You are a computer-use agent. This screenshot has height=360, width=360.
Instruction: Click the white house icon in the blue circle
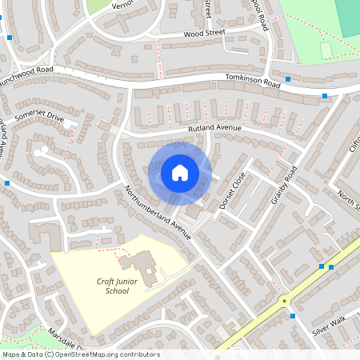[x=180, y=172]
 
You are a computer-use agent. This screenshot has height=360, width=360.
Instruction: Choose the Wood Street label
[x=205, y=34]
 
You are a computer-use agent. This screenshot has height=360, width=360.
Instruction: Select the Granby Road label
[x=284, y=185]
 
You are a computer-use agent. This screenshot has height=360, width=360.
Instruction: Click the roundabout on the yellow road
[x=283, y=301]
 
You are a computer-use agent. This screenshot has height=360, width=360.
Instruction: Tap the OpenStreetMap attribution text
[x=80, y=354]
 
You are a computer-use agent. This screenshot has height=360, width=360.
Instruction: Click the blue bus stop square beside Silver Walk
[x=294, y=315]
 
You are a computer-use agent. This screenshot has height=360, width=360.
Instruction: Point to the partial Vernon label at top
[x=120, y=5]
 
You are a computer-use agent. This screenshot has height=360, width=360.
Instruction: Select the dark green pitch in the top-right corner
[x=347, y=16]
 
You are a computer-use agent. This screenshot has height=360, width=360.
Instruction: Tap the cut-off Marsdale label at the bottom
[x=64, y=335]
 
